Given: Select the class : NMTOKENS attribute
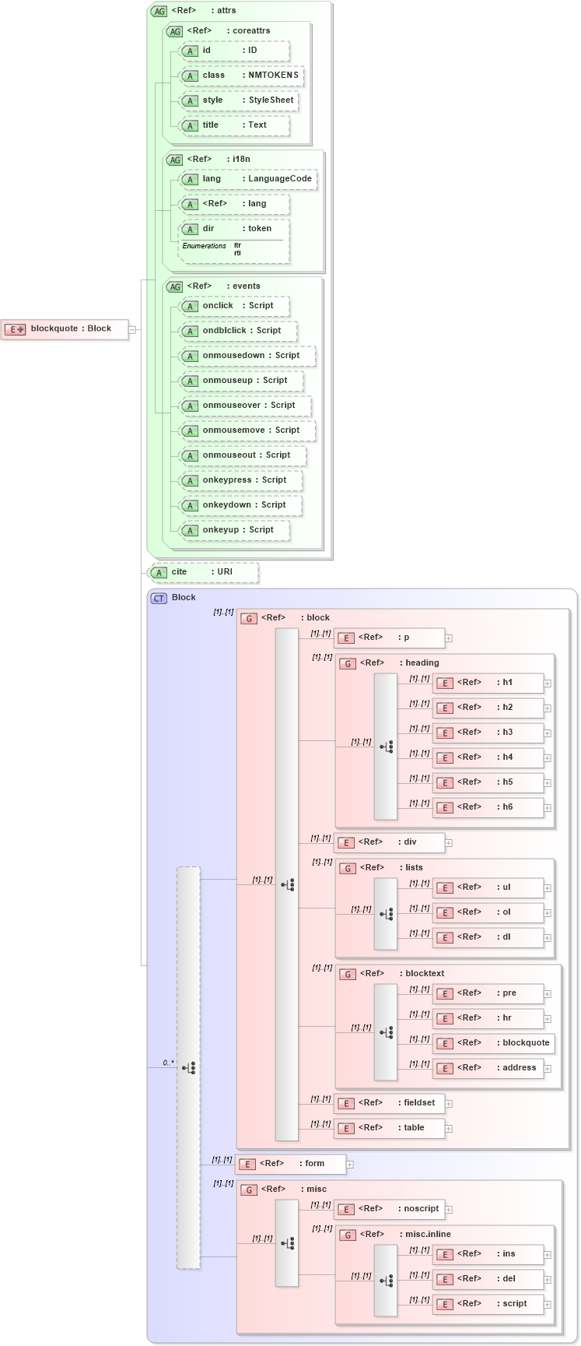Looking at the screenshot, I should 241,76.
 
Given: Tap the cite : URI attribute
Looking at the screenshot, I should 203,572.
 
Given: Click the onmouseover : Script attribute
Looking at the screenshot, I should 245,406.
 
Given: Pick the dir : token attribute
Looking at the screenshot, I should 234,229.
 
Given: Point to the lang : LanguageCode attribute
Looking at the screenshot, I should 248,179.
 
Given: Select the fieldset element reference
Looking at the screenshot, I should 390,1103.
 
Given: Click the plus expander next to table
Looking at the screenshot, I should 449,1128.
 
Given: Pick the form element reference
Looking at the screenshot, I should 292,1164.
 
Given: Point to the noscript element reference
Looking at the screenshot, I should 390,1209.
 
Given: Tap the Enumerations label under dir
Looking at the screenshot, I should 204,246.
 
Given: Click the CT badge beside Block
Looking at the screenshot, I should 159,598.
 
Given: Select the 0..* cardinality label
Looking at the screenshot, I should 168,1063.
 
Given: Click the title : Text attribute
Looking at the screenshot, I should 234,125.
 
